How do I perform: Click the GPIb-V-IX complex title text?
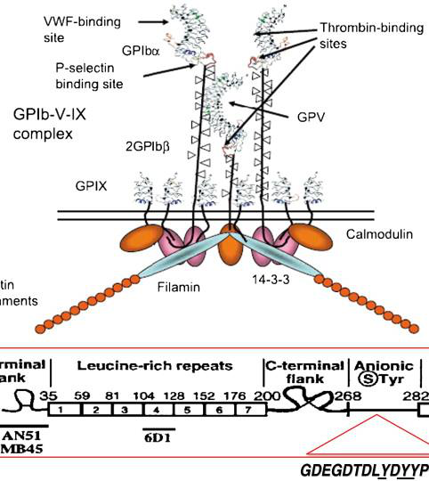(x=54, y=126)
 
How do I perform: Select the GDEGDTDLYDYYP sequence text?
(x=365, y=470)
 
